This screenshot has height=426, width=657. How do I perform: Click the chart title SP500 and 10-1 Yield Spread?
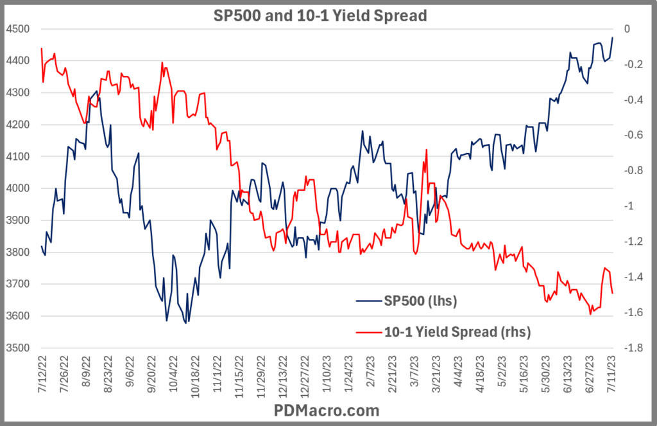click(x=320, y=15)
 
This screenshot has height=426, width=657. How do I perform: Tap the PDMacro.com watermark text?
click(x=327, y=410)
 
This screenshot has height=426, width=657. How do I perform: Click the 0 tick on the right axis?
click(x=627, y=30)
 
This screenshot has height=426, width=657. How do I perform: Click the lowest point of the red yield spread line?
click(x=590, y=314)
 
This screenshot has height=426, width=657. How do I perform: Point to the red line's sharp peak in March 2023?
click(x=426, y=150)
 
